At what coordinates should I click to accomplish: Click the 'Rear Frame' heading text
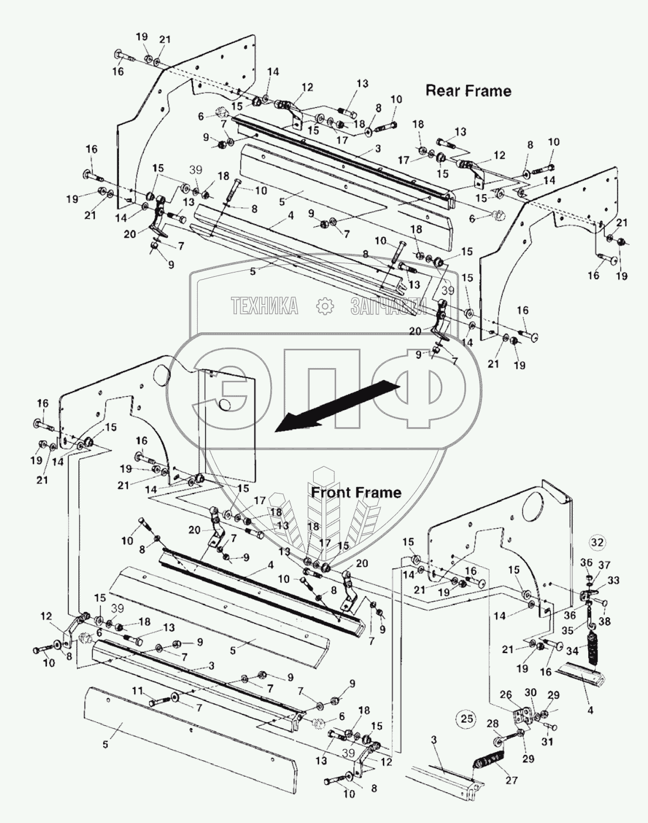pyautogui.click(x=467, y=90)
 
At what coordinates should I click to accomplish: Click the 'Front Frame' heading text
pyautogui.click(x=356, y=492)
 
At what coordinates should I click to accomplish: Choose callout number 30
pyautogui.click(x=530, y=692)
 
